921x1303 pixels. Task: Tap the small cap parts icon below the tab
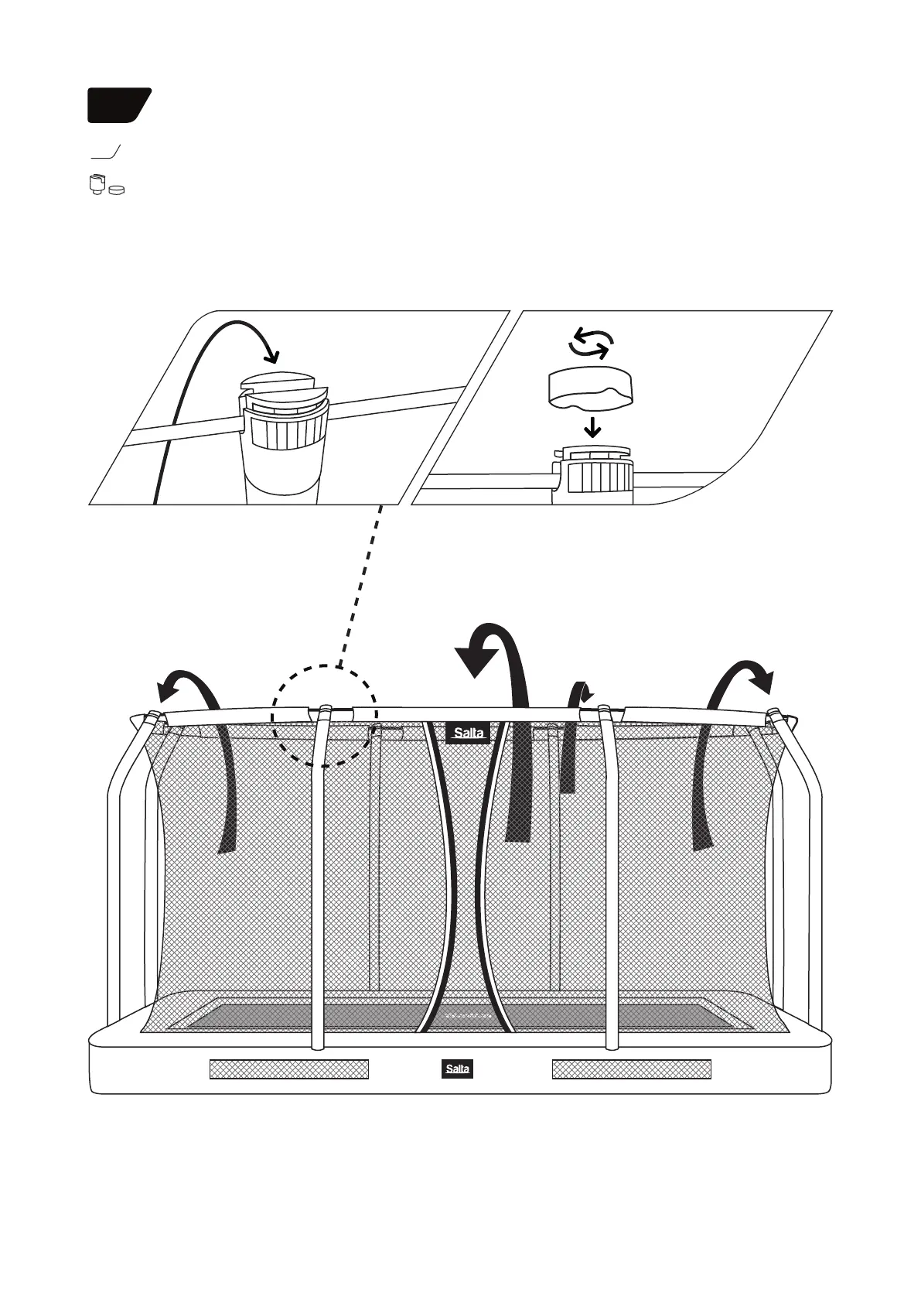pyautogui.click(x=106, y=186)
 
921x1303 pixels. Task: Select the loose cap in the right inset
pyautogui.click(x=590, y=388)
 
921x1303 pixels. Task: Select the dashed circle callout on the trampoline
pyautogui.click(x=325, y=716)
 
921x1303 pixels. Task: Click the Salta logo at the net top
pyautogui.click(x=468, y=733)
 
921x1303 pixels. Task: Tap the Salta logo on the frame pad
pyautogui.click(x=456, y=1069)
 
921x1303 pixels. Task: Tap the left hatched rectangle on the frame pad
pyautogui.click(x=288, y=1069)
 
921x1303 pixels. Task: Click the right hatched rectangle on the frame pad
pyautogui.click(x=631, y=1069)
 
